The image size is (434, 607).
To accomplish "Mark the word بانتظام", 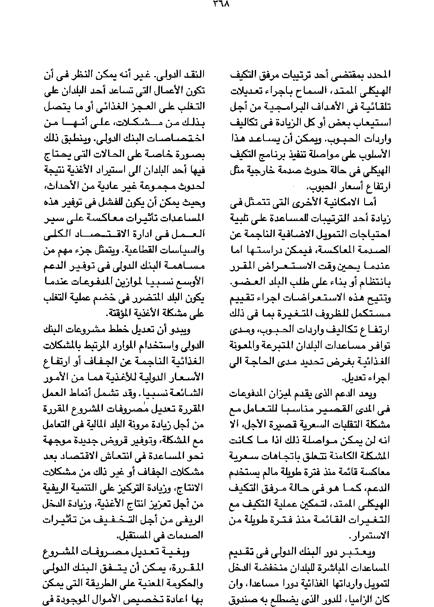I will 377,283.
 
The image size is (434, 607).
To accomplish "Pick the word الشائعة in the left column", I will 191,393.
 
